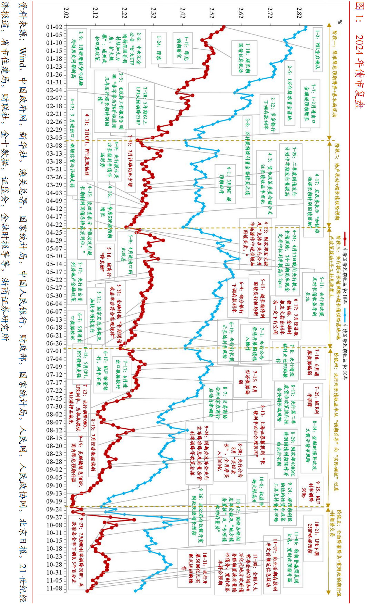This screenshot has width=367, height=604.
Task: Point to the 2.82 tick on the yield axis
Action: click(x=299, y=14)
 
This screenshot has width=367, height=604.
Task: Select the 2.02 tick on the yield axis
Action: click(x=66, y=14)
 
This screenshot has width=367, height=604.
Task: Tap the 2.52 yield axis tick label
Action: click(x=211, y=14)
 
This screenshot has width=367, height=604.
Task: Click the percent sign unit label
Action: click(x=340, y=22)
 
